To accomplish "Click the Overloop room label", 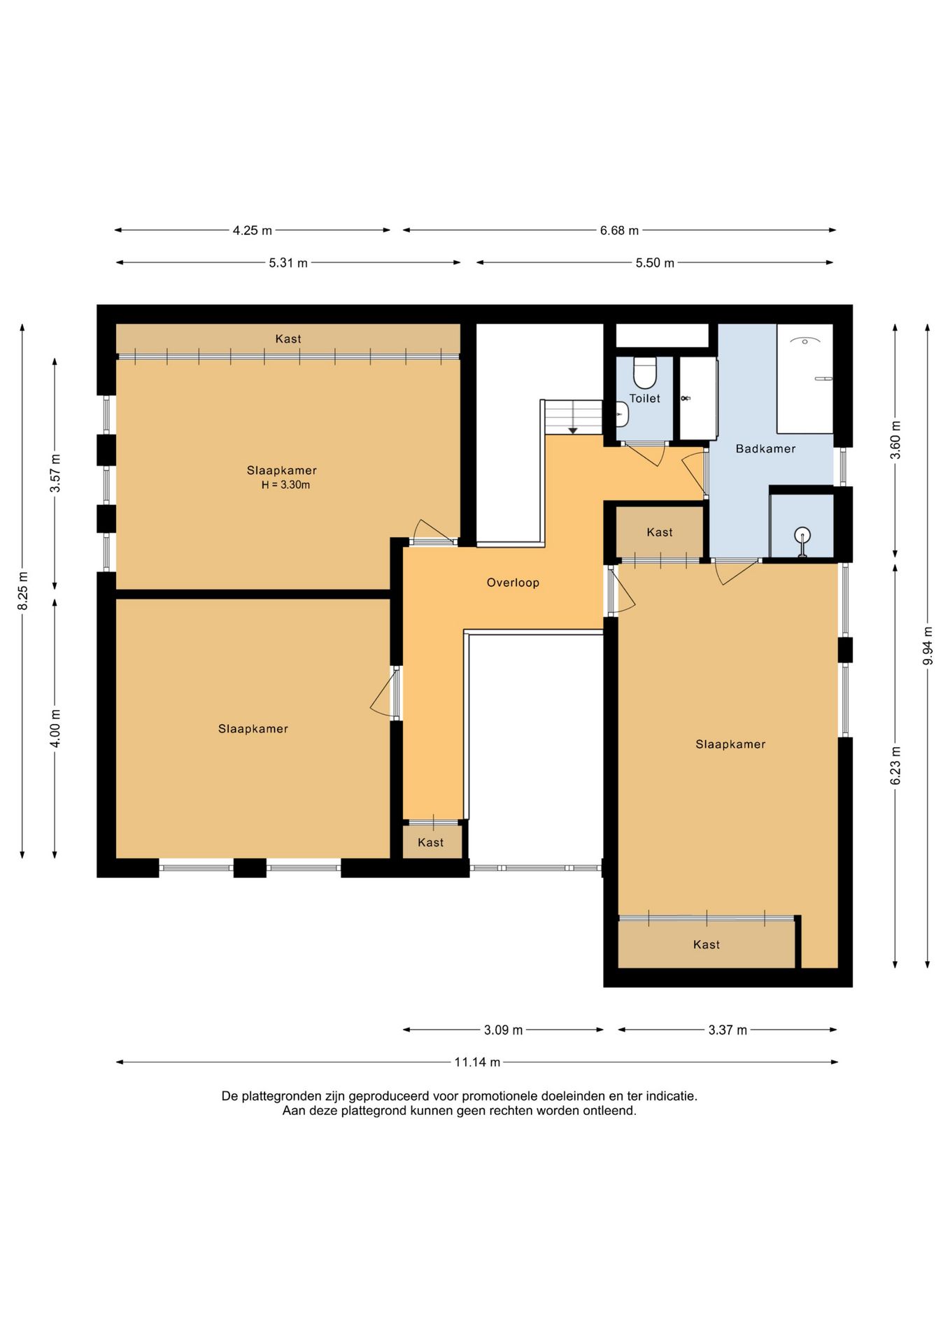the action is pos(513,583).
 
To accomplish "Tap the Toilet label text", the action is pos(644,399).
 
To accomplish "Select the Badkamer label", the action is pos(765,449).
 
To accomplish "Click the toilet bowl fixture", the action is pos(644,373).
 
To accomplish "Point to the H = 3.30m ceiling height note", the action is pos(285,485).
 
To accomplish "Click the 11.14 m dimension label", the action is pos(477,1062).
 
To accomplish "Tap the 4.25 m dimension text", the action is pos(253,230).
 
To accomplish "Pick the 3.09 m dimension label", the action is pos(503,1030).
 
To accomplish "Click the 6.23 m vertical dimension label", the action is pos(895,765).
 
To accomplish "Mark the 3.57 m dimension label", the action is pos(55,474).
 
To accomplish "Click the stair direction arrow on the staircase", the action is pos(572,429).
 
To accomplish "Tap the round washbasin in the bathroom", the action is pos(802,536).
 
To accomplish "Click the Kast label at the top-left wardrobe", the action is pos(288,339).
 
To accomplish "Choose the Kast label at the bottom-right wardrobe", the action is pos(707,945).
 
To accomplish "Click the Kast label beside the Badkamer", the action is pos(660,532).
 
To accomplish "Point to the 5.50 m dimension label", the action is pos(655,263).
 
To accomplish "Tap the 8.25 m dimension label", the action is pos(23,591).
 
